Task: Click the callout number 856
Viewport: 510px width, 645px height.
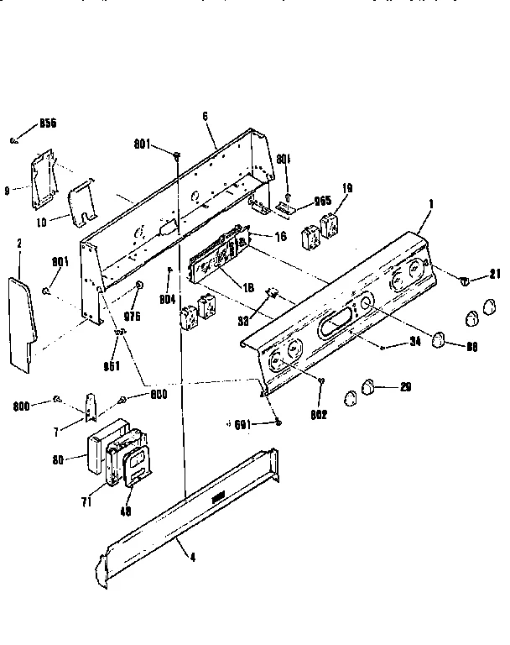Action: (x=47, y=123)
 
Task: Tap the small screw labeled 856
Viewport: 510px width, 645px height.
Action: (x=15, y=140)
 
